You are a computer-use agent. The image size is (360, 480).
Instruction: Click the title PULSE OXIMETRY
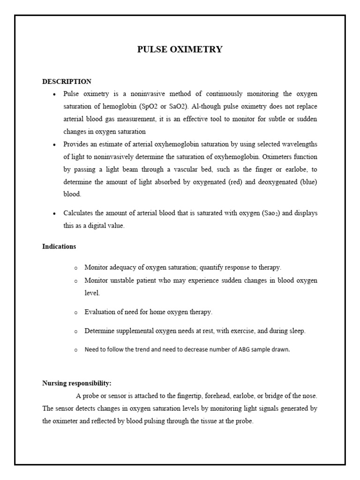[x=180, y=49]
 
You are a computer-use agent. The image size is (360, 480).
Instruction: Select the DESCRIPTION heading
[x=67, y=82]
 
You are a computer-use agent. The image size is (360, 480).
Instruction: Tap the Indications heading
[x=59, y=246]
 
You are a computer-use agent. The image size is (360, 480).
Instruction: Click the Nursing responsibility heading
[x=77, y=383]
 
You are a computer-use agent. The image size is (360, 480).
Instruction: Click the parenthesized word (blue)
[x=308, y=182]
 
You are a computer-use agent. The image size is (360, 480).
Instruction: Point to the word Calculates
[x=78, y=213]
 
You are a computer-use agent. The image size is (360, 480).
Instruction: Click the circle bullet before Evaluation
[x=75, y=312]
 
